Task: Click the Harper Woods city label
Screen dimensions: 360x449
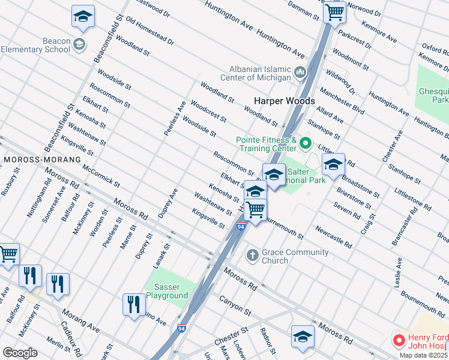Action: pyautogui.click(x=284, y=101)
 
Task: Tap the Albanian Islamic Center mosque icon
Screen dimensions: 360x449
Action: pyautogui.click(x=301, y=74)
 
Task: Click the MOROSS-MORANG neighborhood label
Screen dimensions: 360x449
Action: pyautogui.click(x=41, y=160)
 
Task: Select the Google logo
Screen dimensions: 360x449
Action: pyautogui.click(x=20, y=353)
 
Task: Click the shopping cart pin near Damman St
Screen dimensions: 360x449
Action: pyautogui.click(x=334, y=12)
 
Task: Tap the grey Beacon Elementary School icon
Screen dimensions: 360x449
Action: pyautogui.click(x=79, y=44)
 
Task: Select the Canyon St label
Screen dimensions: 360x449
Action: pyautogui.click(x=234, y=304)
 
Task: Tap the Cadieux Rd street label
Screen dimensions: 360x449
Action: pyautogui.click(x=71, y=332)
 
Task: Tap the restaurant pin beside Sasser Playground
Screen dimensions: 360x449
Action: pyautogui.click(x=133, y=304)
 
